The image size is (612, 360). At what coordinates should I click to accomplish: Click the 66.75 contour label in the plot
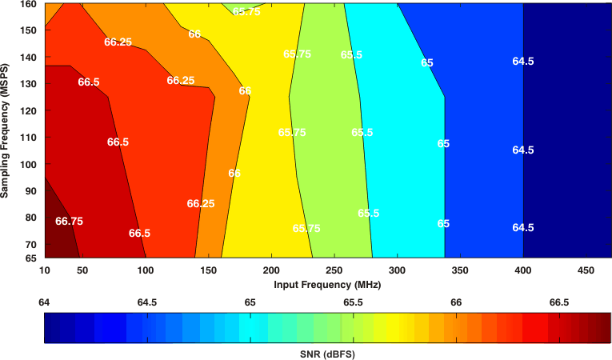tap(69, 221)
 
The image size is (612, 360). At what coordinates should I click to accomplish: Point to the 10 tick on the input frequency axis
tap(45, 270)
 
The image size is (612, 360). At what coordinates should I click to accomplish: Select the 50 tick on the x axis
tap(82, 270)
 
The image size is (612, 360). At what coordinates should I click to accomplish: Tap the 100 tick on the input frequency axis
tap(145, 270)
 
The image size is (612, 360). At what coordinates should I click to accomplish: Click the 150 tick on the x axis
tap(208, 270)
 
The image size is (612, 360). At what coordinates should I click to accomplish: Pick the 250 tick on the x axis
tap(334, 270)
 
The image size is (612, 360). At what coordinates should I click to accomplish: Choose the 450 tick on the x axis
tap(586, 270)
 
